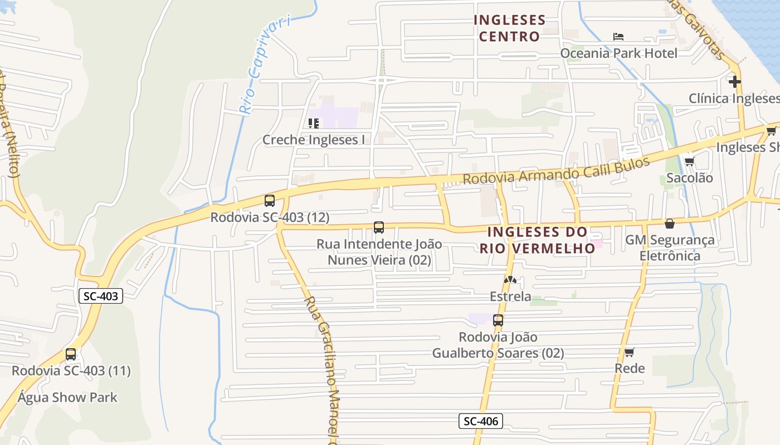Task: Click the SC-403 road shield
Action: click(x=101, y=296)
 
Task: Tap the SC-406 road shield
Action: click(x=480, y=421)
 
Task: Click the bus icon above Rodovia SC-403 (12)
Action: click(x=270, y=201)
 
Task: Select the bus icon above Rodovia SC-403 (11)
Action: click(x=71, y=354)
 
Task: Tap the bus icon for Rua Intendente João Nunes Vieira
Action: click(x=379, y=227)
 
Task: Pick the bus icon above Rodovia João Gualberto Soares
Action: click(x=498, y=320)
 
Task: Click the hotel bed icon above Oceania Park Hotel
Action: click(x=618, y=37)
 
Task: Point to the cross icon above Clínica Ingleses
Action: click(x=735, y=82)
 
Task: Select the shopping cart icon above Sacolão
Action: click(x=690, y=162)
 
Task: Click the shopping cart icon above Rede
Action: click(x=630, y=352)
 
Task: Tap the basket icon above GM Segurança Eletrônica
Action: click(x=670, y=224)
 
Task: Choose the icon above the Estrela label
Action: click(x=510, y=280)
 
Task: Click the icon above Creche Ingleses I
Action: click(x=314, y=123)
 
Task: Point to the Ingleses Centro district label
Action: click(x=509, y=28)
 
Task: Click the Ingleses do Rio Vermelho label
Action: click(x=537, y=240)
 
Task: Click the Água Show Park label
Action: click(x=67, y=397)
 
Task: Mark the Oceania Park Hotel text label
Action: click(x=618, y=53)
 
